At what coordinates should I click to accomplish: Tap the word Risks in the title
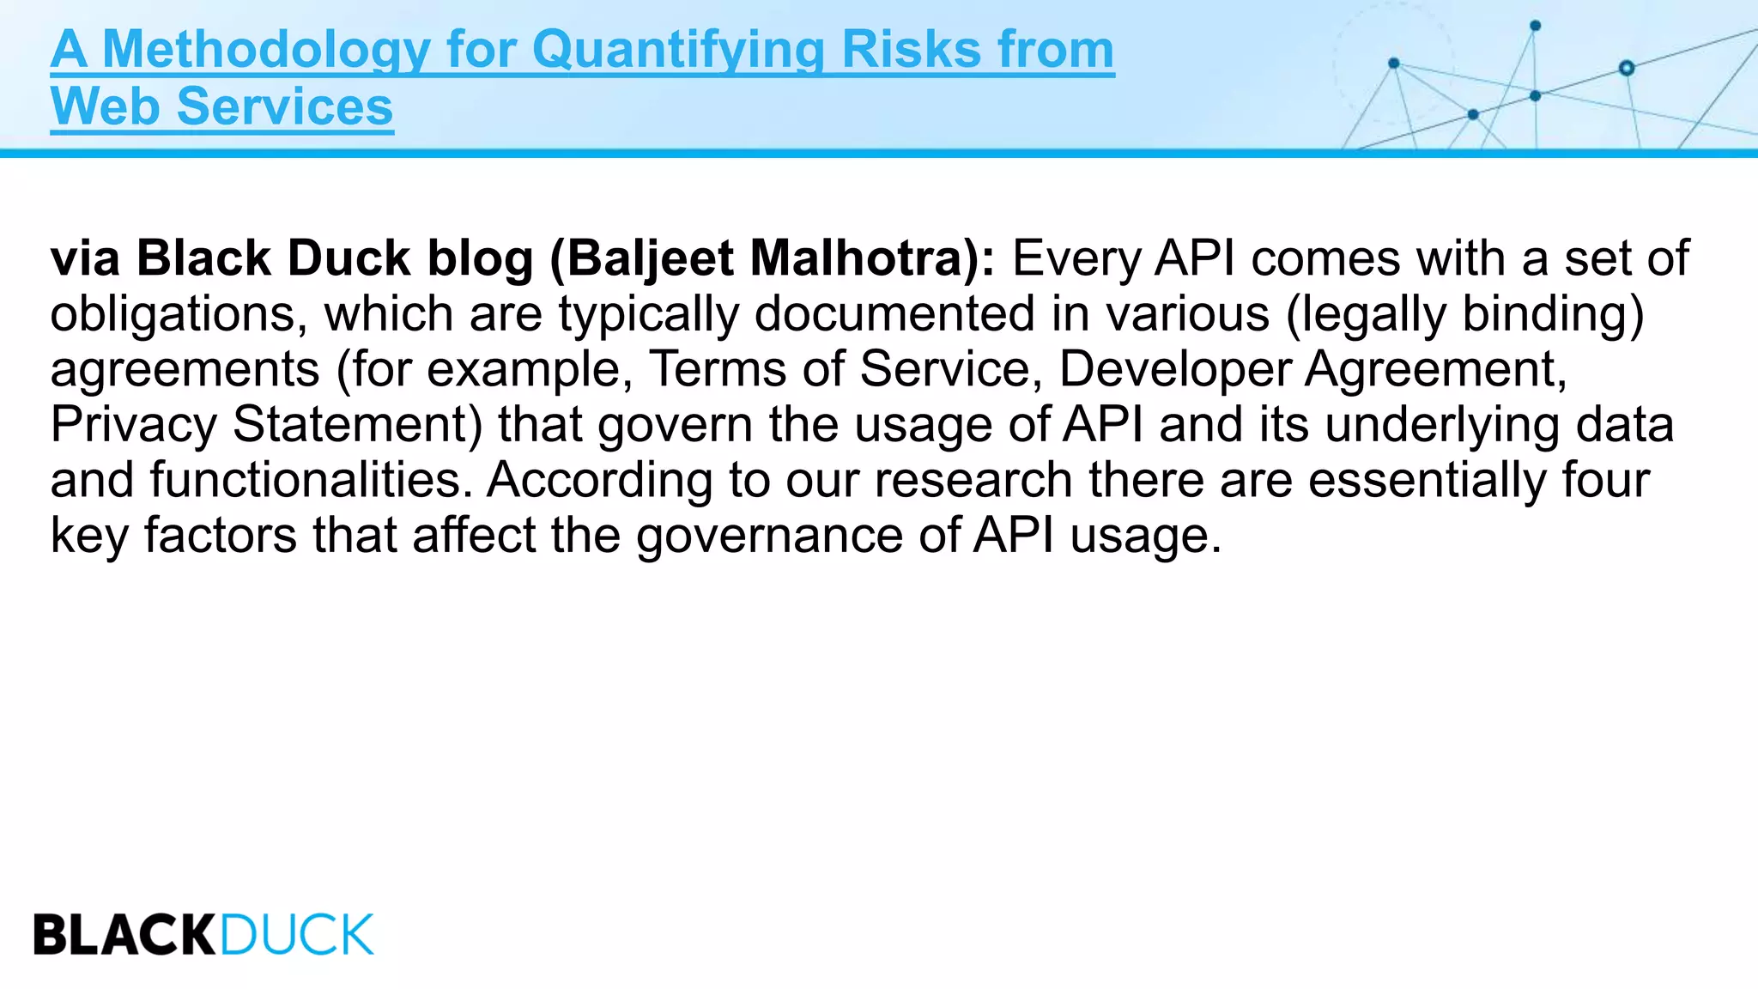911,50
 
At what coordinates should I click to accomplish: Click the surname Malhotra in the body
860,258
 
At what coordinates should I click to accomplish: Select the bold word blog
481,258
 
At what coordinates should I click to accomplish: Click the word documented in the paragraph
894,314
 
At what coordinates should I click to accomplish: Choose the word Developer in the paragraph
1174,369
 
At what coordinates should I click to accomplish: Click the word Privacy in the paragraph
134,425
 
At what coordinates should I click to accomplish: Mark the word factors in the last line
220,536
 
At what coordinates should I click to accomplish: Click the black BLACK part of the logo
125,935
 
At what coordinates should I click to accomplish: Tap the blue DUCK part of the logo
297,935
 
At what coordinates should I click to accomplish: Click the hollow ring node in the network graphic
1626,68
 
